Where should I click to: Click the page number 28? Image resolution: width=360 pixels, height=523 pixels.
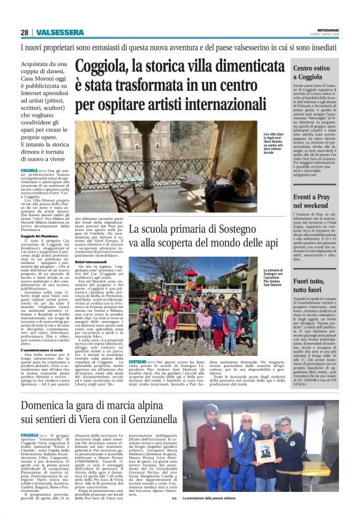click(24, 32)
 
